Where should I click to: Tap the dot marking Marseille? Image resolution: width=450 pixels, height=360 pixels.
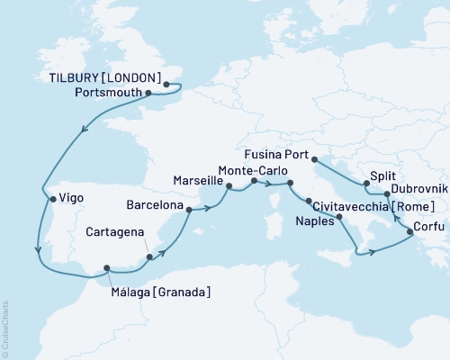[229, 188]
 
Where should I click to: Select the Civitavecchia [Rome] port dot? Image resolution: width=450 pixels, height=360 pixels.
[309, 201]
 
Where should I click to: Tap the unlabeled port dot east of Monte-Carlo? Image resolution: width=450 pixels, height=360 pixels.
[290, 184]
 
